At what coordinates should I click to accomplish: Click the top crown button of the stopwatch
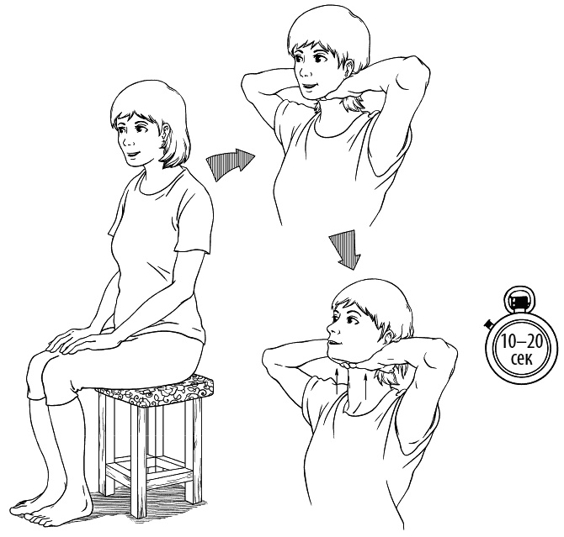pos(519,299)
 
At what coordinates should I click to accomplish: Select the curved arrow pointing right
pos(230,163)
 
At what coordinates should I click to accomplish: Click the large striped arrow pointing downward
pos(345,250)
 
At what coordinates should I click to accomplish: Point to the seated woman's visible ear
pos(165,132)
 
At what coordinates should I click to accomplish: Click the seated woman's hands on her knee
pos(72,340)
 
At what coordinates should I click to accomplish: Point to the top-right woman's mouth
pos(309,87)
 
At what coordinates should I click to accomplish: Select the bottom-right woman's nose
pos(330,328)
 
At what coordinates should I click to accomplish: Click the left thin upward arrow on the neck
pos(337,381)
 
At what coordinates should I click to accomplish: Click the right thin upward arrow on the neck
pos(365,385)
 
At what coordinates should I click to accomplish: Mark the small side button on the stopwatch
pos(488,324)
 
